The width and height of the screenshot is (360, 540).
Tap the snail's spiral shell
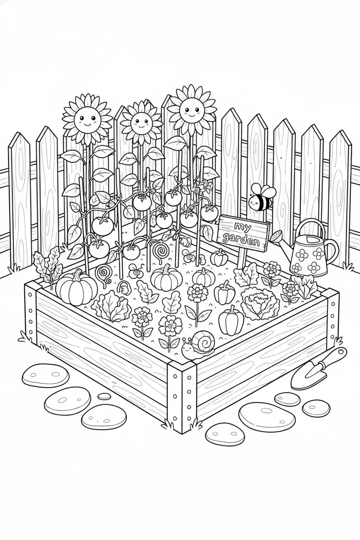point(205,341)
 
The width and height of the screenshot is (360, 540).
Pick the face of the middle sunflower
point(141,123)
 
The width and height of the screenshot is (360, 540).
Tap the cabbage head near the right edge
point(260,302)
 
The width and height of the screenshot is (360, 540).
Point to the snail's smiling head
point(186,349)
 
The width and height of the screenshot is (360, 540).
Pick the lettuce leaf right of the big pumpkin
point(111,306)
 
